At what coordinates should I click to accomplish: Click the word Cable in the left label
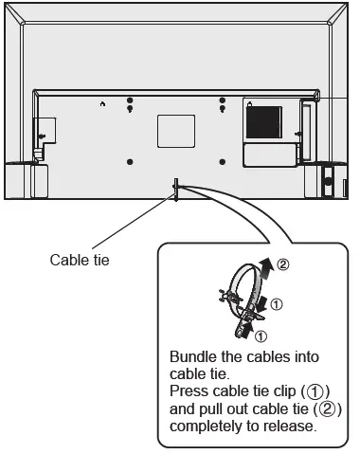coord(66,260)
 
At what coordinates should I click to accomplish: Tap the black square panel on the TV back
coord(264,122)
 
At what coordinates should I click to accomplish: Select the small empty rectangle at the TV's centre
coord(176,131)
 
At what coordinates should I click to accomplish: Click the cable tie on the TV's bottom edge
coord(176,189)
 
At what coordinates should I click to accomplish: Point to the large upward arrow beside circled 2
coord(265,268)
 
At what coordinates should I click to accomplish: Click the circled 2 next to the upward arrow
coord(283,264)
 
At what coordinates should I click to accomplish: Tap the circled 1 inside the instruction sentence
coord(315,392)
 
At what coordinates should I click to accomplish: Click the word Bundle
coord(193,357)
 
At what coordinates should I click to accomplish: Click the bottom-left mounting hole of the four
coord(130,162)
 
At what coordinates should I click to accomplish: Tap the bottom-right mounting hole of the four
coord(223,162)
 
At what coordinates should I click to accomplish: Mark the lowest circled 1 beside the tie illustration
coord(261,336)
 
